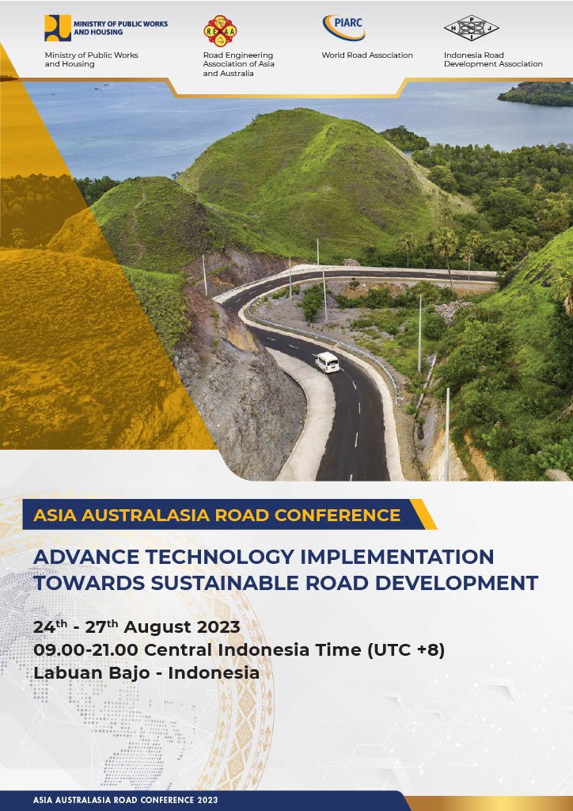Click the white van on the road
coord(328,361)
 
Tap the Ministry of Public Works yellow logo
coord(57,28)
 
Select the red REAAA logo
coord(221,31)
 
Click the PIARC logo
coord(344,28)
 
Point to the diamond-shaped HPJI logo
coord(471,28)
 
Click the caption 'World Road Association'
coord(367,55)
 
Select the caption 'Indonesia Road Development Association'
coord(493,59)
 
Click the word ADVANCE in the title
coord(86,557)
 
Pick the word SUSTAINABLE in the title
coord(225,583)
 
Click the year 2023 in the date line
coord(218,627)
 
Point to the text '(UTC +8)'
coord(405,650)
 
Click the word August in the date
coord(157,627)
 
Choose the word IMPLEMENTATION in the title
coord(397,557)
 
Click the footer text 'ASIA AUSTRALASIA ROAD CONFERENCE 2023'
coord(126,800)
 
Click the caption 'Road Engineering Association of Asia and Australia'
coord(239,64)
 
